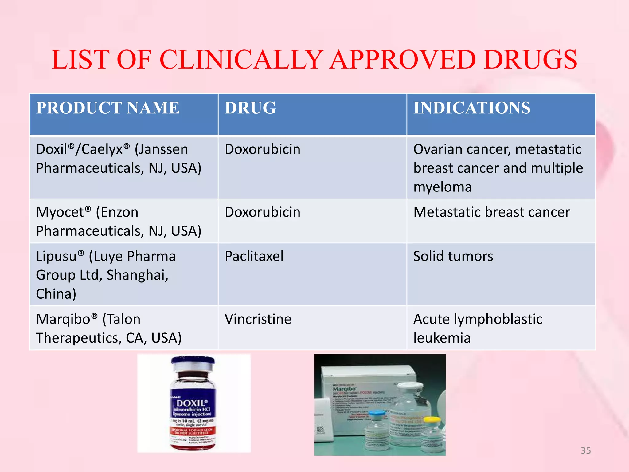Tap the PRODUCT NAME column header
click(108, 108)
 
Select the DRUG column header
click(250, 108)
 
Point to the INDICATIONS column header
click(472, 108)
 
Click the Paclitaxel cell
click(254, 256)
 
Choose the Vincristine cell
click(258, 319)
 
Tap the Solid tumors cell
click(453, 256)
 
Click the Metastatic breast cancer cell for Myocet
click(491, 212)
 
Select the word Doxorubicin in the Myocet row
click(263, 212)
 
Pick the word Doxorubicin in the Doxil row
click(263, 149)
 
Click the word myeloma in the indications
click(442, 187)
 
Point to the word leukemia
click(442, 338)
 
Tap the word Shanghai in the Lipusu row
click(137, 275)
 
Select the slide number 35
click(586, 450)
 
